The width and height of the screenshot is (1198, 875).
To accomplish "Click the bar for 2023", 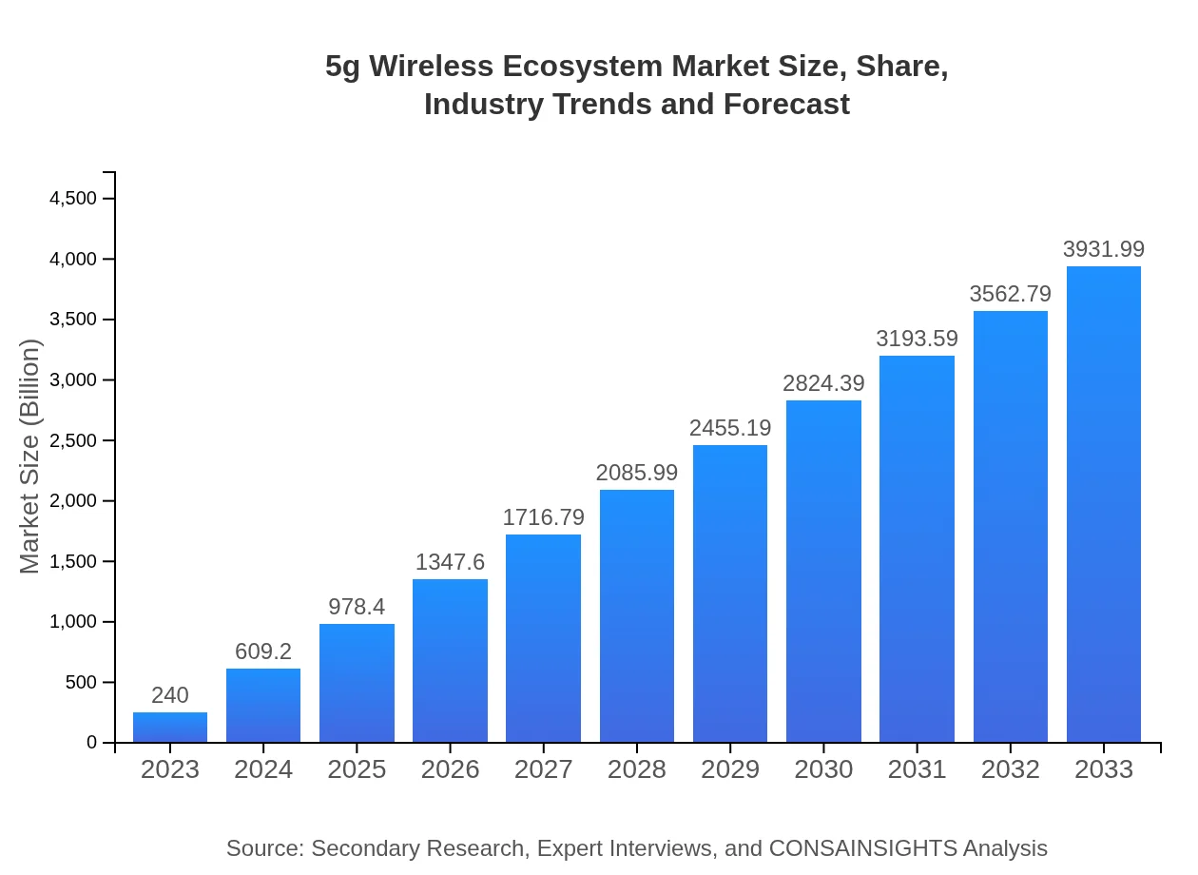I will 170,728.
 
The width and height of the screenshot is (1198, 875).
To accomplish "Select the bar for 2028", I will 637,616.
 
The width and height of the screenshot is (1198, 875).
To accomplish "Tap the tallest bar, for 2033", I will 1104,504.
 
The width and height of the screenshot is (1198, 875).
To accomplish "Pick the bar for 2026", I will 450,661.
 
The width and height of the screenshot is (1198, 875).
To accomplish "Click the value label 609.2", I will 263,651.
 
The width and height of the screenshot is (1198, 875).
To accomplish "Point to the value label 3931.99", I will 1104,249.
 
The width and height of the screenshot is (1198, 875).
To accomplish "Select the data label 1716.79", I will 543,517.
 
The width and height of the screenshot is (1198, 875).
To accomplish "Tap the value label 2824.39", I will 823,383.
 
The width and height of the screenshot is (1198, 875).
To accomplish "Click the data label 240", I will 170,695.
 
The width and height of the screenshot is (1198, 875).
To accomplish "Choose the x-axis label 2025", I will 357,769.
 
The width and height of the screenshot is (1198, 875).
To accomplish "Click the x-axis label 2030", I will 823,769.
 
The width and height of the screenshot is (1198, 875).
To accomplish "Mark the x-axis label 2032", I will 1011,769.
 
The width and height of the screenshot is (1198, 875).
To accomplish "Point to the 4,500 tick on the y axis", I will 73,199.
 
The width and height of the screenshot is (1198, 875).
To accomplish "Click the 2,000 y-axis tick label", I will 73,501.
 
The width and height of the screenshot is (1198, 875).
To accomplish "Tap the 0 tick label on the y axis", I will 92,743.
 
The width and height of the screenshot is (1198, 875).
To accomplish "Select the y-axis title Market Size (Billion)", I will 30,457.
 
